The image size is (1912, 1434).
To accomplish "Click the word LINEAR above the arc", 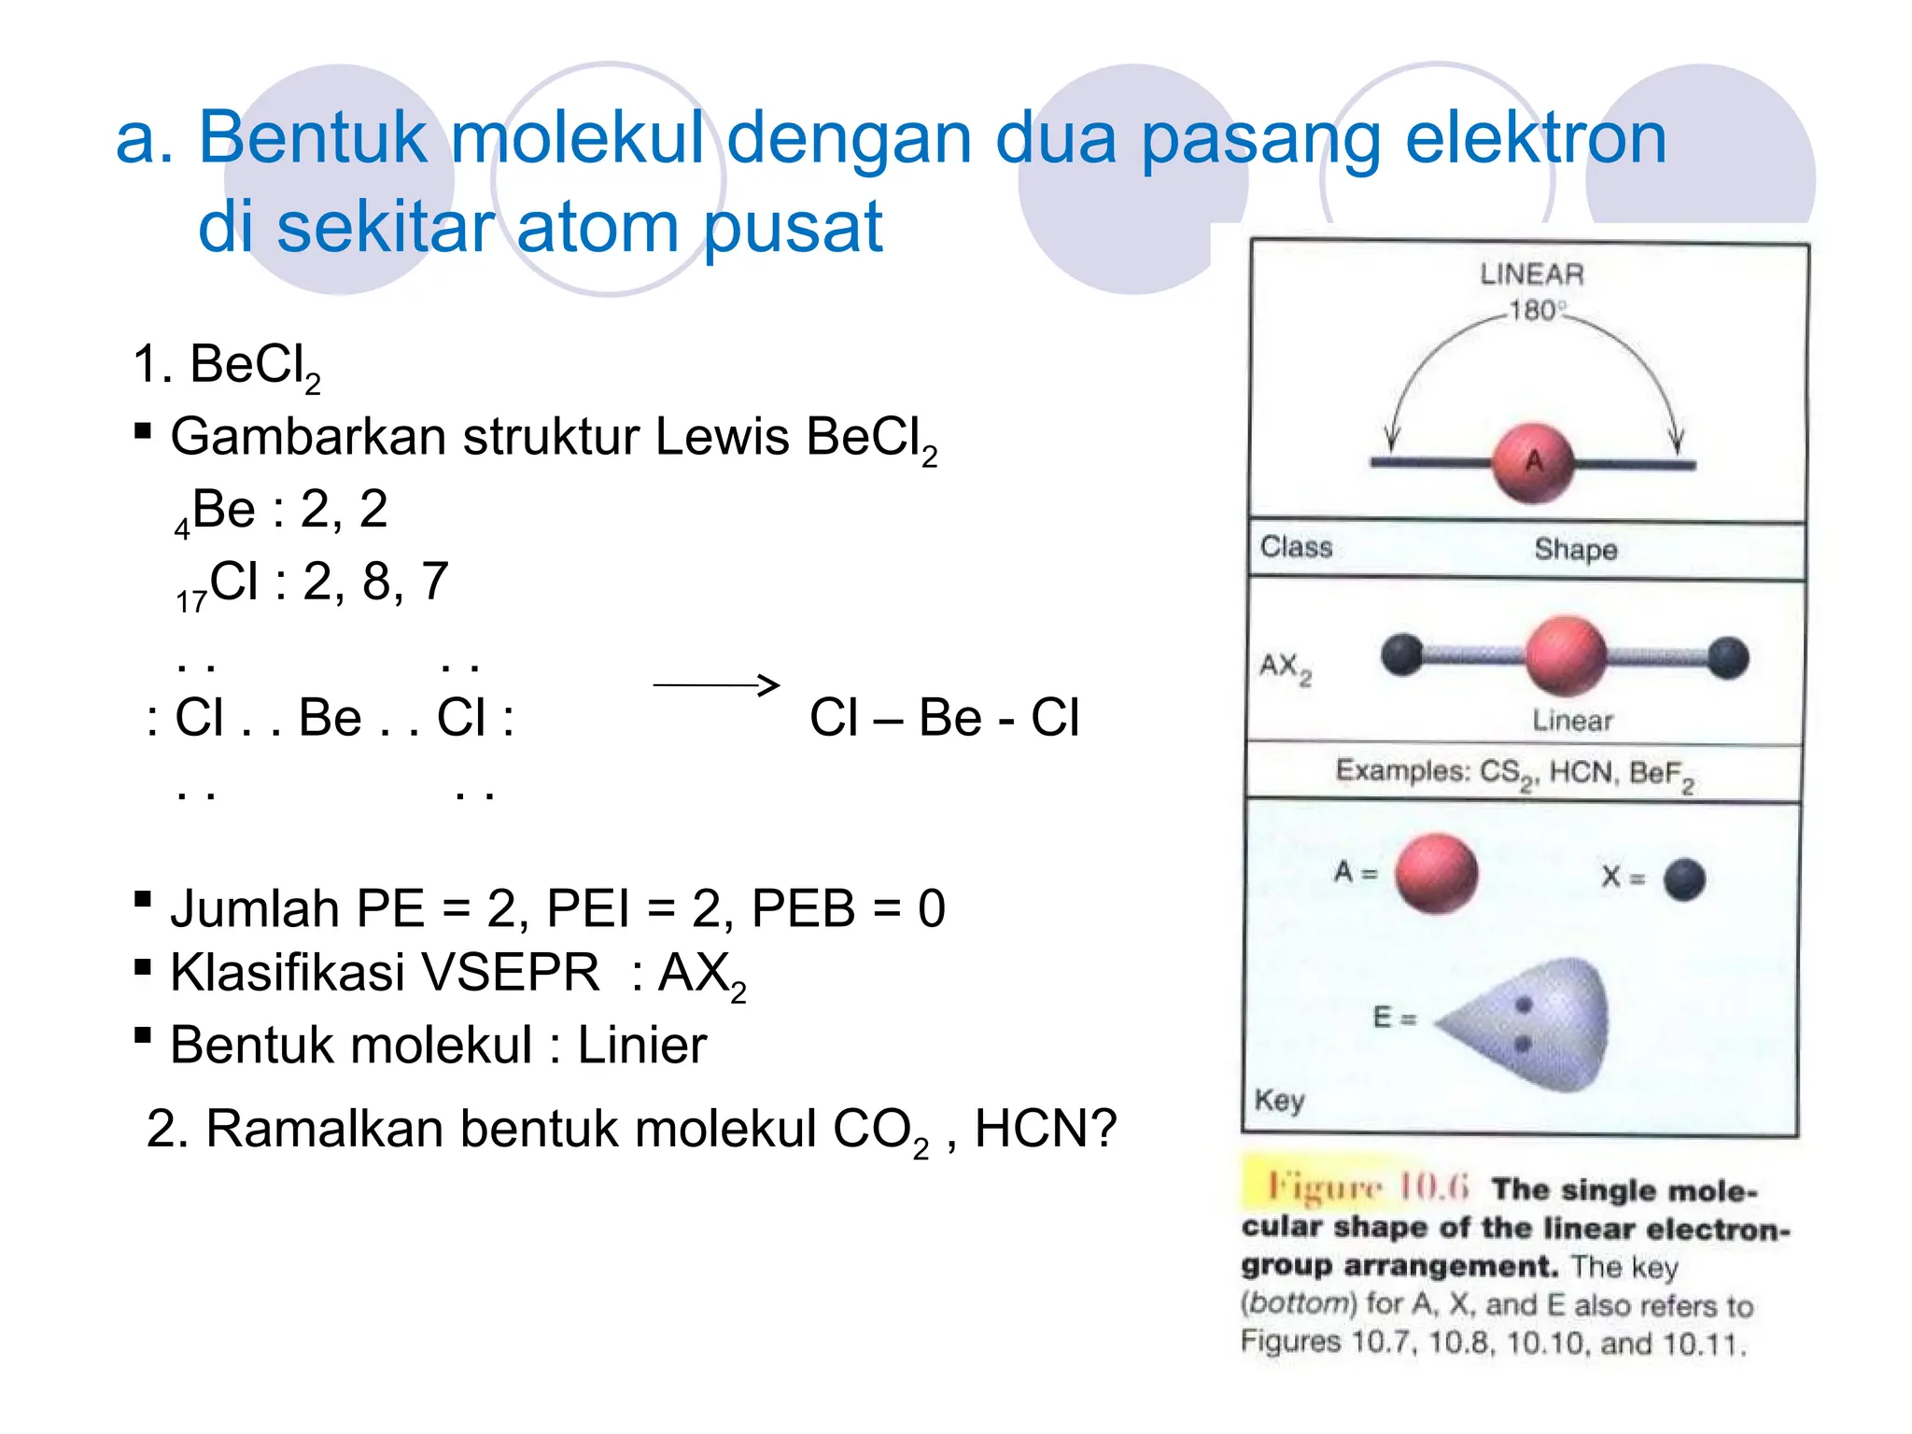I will coord(1531,274).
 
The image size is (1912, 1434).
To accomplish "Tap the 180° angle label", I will coord(1537,310).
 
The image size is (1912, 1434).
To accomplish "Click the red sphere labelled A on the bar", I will coord(1533,463).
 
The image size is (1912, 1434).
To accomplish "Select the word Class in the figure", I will coord(1296,547).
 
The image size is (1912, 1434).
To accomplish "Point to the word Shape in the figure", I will coord(1575,549).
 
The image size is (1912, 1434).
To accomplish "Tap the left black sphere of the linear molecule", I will coord(1402,654).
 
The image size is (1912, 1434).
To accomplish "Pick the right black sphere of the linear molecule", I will coord(1728,656).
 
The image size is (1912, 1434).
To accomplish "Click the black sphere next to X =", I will coord(1684,879).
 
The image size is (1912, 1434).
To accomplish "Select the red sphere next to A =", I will coord(1436,874).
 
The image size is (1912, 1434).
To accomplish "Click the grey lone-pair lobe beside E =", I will coord(1540,1023).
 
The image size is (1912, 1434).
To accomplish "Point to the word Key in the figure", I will coord(1279,1100).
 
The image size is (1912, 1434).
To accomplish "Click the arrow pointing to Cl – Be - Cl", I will coord(716,685).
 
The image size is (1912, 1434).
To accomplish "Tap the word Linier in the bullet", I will coord(642,1045).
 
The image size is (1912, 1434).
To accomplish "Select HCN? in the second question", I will coord(1046,1129).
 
